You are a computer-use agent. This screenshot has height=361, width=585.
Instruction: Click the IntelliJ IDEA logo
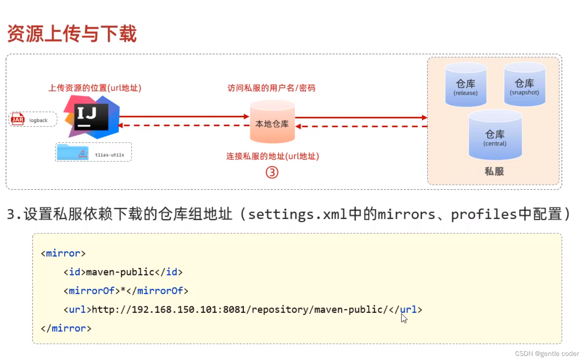92,117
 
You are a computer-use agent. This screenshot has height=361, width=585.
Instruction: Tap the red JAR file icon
18,119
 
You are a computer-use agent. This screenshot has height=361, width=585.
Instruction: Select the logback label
38,120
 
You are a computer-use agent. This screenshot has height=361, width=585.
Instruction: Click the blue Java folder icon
73,152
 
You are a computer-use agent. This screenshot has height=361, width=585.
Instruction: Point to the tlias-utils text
110,155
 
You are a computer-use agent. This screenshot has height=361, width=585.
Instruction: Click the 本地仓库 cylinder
273,122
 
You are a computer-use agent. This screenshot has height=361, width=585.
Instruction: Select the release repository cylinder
466,85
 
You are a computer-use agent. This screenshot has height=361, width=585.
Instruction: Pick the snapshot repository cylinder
524,84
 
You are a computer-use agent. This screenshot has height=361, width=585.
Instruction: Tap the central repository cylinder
495,135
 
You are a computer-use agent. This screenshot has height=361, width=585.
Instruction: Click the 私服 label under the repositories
494,172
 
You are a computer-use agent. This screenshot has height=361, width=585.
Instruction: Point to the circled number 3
272,173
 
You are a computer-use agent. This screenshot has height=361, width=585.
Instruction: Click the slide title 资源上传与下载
72,34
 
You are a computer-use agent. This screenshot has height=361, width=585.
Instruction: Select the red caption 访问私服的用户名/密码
271,88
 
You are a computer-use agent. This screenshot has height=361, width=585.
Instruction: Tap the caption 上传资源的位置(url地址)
95,88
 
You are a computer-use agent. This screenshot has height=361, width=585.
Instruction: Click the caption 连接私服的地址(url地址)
273,156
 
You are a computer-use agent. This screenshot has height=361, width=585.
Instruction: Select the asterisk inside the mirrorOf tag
123,290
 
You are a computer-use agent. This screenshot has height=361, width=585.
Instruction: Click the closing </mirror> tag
66,328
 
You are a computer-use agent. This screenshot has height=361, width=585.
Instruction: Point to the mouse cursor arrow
404,318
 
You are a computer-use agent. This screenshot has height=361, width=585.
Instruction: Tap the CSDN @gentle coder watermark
547,354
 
